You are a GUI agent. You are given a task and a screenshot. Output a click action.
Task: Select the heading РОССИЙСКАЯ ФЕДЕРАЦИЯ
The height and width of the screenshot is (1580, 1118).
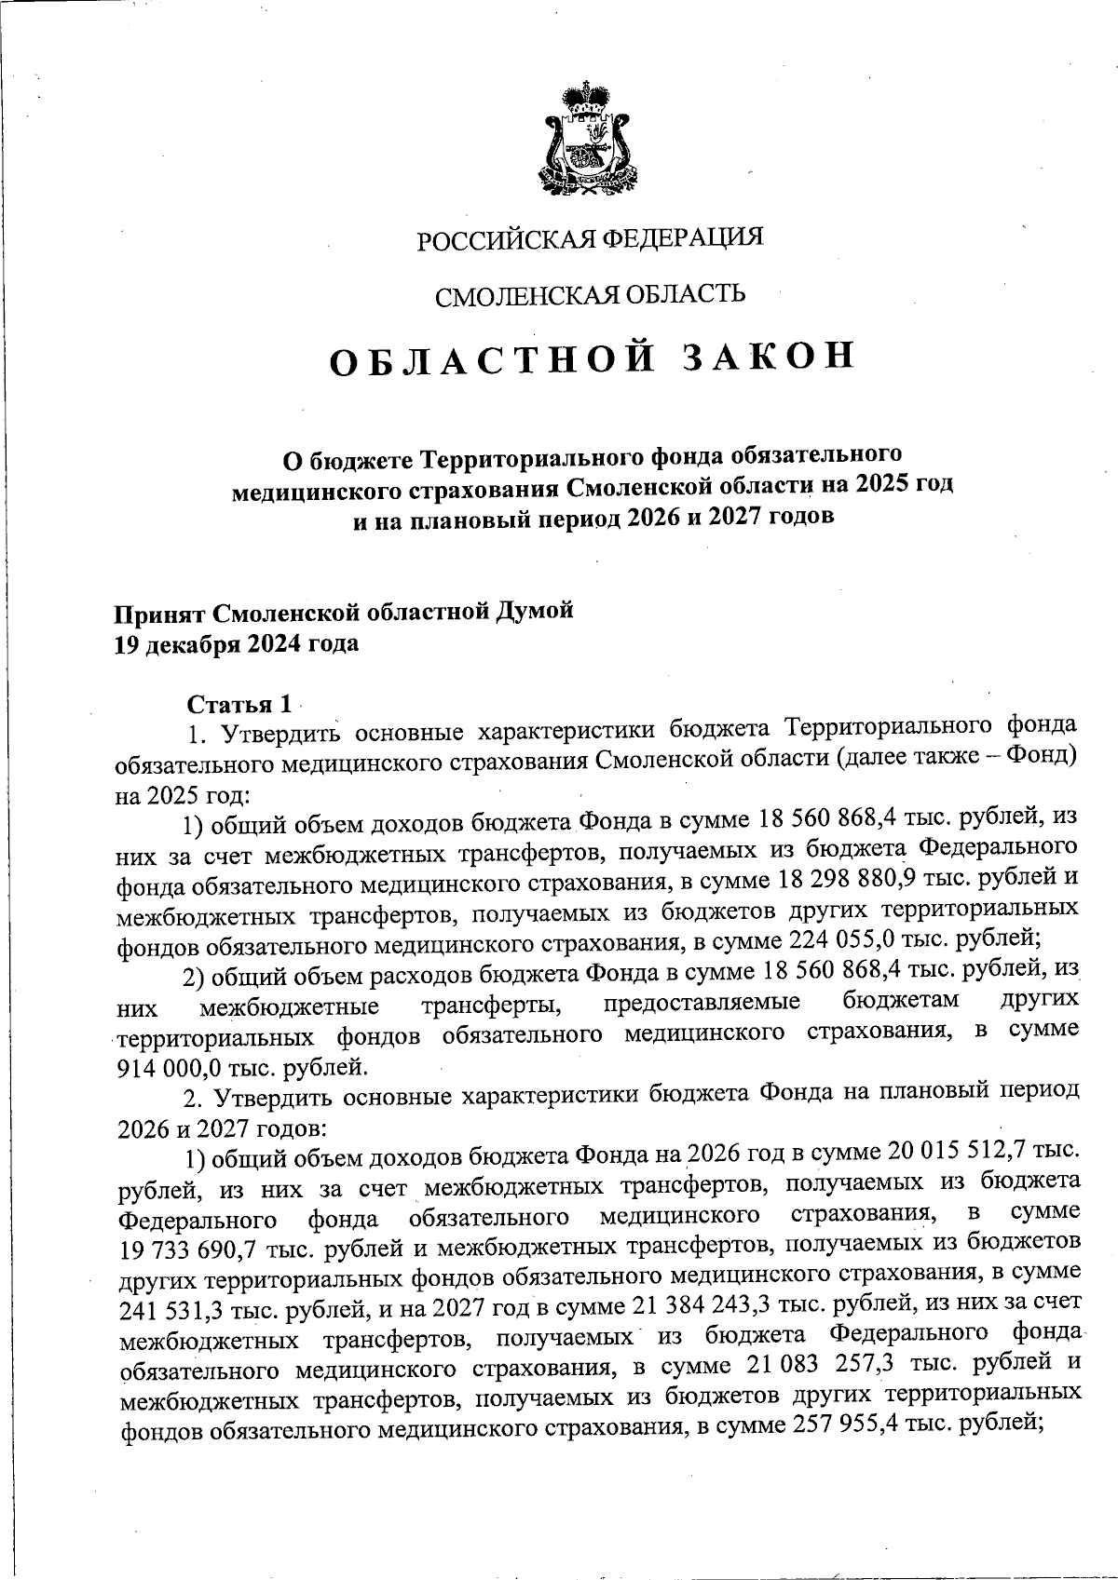point(589,238)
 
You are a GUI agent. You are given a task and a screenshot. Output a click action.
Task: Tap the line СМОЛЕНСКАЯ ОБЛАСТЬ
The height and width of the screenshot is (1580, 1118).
point(591,295)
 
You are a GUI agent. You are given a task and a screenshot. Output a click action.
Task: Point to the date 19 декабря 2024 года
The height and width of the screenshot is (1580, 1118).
point(236,643)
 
